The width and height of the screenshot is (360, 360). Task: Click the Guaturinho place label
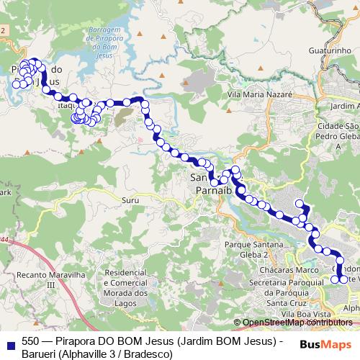pyautogui.click(x=328, y=51)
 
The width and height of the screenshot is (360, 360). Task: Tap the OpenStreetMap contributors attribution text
pyautogui.click(x=297, y=323)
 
